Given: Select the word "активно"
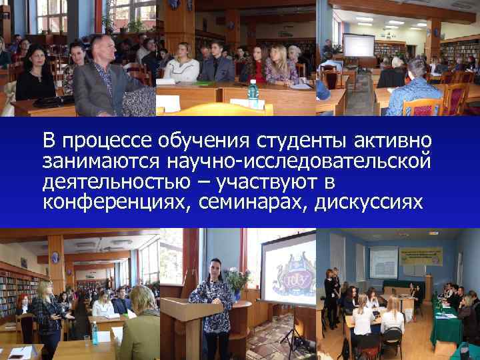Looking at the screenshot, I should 393,141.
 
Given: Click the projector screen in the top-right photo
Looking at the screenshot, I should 358,45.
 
